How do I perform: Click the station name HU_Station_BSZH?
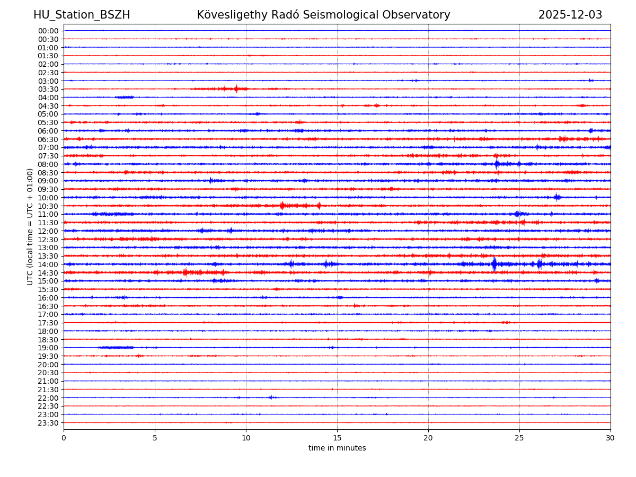click(x=82, y=15)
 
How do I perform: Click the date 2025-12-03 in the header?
click(x=570, y=15)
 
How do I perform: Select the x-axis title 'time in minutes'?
click(x=337, y=448)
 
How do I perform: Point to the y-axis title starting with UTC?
click(x=30, y=226)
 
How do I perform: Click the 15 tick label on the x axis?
click(x=337, y=438)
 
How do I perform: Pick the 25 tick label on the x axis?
click(x=519, y=438)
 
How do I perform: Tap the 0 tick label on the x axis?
click(x=64, y=438)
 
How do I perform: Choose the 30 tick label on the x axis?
click(x=611, y=438)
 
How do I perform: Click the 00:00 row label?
click(x=48, y=31)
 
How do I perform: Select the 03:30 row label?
click(x=48, y=89)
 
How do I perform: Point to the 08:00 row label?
click(x=48, y=164)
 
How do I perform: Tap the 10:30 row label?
click(x=48, y=206)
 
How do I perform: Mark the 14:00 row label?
click(x=48, y=264)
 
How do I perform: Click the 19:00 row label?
click(x=48, y=348)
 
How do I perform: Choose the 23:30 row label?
click(x=48, y=423)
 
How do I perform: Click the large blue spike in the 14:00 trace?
click(x=494, y=264)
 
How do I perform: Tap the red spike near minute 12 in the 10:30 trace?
click(x=282, y=206)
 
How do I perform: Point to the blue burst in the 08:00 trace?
click(x=497, y=164)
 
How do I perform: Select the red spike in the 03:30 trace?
click(x=236, y=89)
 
